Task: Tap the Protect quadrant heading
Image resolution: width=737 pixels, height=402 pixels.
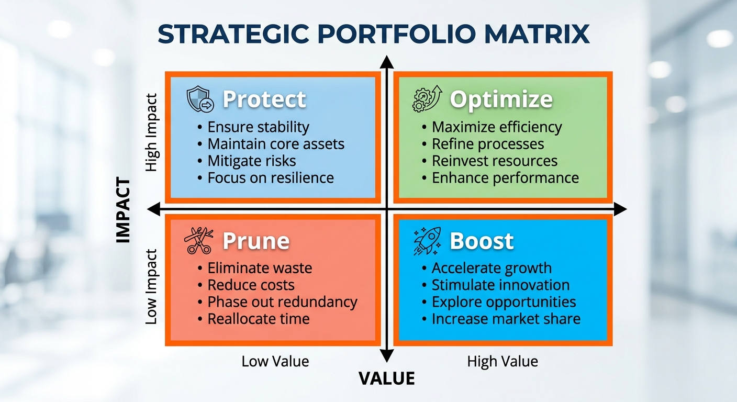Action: click(264, 99)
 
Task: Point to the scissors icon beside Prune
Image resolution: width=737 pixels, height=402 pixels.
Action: click(198, 241)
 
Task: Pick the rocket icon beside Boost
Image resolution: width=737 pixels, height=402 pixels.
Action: click(427, 241)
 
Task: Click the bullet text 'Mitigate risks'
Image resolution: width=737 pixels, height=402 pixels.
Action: click(251, 161)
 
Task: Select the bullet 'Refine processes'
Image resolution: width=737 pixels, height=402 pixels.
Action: click(487, 144)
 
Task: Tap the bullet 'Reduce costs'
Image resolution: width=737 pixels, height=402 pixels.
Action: click(251, 285)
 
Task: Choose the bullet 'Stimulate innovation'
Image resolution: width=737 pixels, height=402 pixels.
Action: click(500, 285)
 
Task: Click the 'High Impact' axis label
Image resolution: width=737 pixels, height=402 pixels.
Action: click(152, 132)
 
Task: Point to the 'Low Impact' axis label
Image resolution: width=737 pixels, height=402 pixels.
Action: click(152, 286)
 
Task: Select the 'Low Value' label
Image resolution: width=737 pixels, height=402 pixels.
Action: click(275, 361)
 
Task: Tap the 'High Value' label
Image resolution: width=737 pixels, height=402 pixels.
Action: click(502, 361)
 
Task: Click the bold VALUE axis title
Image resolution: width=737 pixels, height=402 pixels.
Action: click(387, 378)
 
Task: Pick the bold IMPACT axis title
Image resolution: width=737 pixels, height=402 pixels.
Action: click(124, 210)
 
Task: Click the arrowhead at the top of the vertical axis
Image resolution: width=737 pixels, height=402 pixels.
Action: click(387, 62)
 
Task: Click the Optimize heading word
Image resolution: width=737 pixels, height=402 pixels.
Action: click(501, 99)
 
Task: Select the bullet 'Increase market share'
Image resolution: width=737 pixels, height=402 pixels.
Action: click(506, 319)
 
